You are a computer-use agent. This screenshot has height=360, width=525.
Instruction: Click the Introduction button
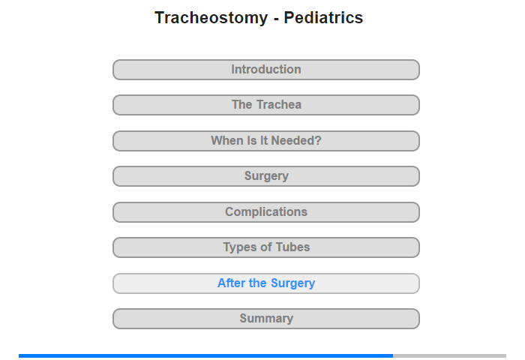click(266, 70)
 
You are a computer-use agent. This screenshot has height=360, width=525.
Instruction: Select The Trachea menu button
click(266, 105)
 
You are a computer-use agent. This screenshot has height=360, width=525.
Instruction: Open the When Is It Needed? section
click(266, 141)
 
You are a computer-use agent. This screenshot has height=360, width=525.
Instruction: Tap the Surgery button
click(266, 176)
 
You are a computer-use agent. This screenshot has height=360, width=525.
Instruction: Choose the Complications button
click(266, 212)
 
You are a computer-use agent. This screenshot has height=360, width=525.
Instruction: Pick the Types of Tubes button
click(266, 247)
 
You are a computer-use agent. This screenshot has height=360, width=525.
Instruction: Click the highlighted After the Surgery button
click(266, 283)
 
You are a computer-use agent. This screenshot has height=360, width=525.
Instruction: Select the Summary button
click(266, 319)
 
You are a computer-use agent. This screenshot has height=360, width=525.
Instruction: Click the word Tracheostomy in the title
click(211, 18)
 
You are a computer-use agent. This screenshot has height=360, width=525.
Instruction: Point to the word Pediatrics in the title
click(323, 17)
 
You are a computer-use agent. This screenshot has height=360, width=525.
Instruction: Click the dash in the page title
click(276, 19)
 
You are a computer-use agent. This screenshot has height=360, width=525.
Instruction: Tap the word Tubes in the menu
click(292, 247)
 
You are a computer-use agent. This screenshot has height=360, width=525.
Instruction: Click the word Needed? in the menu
click(296, 141)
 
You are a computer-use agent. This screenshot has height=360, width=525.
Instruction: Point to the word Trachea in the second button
click(279, 105)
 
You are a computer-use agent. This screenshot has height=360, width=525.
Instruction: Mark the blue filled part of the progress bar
click(206, 355)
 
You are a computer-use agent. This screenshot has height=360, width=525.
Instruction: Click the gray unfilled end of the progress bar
click(450, 355)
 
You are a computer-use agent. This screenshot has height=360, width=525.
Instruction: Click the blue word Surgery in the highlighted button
click(293, 283)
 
